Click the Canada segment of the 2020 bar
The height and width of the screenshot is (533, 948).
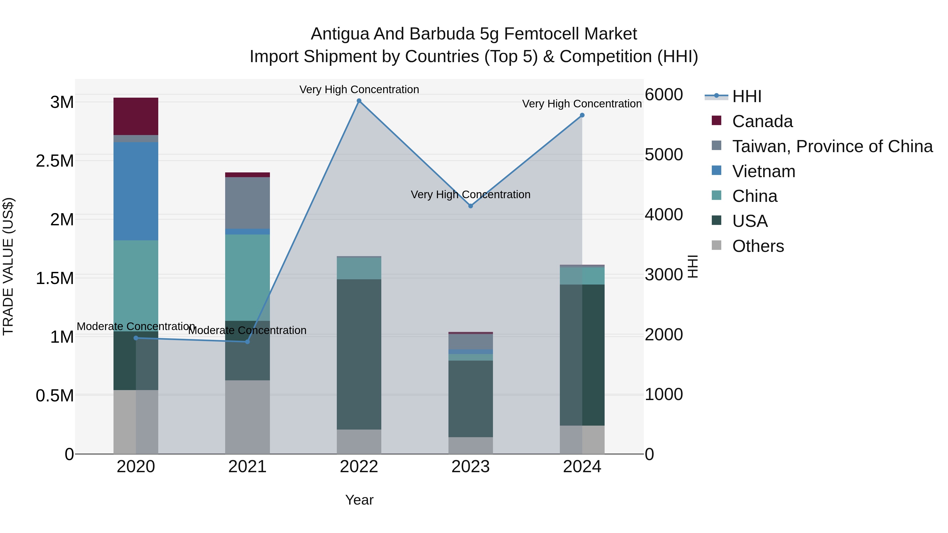point(136,116)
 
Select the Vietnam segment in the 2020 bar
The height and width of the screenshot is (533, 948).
point(136,191)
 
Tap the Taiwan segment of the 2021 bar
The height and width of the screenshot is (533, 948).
point(247,203)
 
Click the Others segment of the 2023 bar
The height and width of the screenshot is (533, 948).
point(470,445)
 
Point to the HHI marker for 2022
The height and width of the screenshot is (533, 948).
point(359,101)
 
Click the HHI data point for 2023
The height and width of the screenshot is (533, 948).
point(470,206)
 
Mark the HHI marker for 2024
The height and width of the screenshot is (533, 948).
point(582,115)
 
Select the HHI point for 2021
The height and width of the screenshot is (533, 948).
point(247,342)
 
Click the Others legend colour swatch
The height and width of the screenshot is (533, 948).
point(716,245)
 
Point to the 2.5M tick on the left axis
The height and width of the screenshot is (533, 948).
point(55,161)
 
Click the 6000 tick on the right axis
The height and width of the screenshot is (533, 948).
point(664,94)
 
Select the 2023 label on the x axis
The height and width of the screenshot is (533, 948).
point(470,467)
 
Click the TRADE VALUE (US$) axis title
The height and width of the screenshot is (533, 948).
point(8,266)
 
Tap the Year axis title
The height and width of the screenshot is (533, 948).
point(359,500)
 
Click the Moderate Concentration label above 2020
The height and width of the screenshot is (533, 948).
point(136,326)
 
